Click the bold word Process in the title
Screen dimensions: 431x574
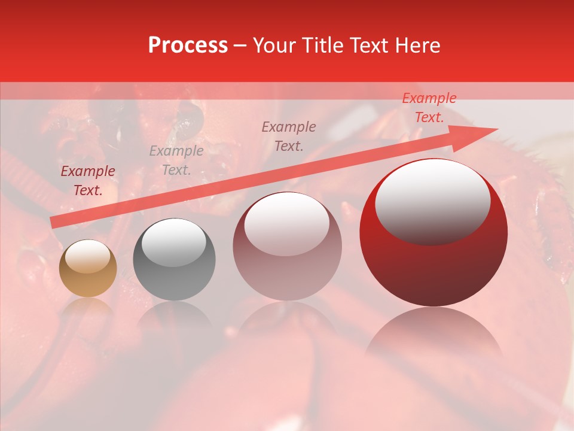188,45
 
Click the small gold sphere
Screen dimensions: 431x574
88,269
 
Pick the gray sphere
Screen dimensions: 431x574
174,260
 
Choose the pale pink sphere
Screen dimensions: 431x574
287,247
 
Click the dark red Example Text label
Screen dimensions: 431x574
88,181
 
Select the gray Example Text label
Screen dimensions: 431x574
176,160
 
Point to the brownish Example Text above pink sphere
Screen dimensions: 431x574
289,136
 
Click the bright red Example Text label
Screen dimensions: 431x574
429,108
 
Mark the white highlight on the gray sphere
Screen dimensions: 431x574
173,242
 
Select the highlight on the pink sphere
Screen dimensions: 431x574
286,224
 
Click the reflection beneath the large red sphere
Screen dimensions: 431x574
433,335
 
